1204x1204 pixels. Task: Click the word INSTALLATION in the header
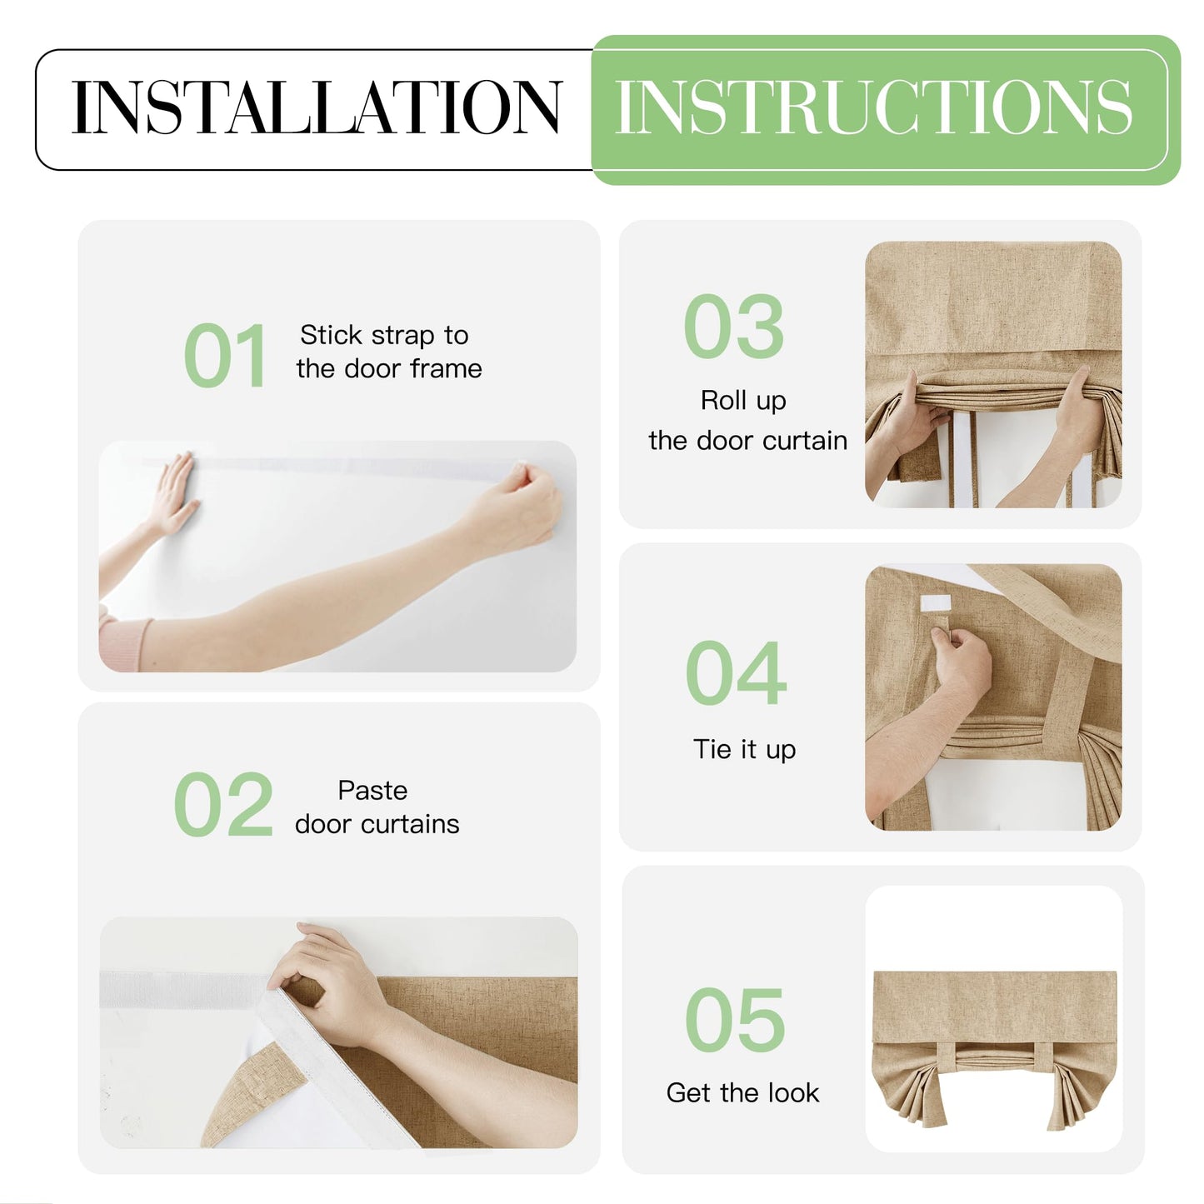point(317,107)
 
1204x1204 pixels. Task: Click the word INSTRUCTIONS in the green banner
point(873,107)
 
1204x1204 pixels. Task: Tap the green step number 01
point(226,356)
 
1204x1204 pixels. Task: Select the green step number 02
point(223,803)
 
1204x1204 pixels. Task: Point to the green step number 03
point(734,326)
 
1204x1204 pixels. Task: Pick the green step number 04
point(736,673)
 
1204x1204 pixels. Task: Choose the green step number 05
point(735,1021)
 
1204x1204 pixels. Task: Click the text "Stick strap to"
point(384,336)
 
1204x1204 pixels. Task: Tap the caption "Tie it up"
point(745,749)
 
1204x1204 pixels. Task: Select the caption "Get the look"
point(743,1093)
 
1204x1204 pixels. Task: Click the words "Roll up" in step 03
point(743,401)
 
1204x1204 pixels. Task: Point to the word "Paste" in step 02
point(373,791)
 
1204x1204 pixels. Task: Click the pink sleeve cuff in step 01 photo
point(125,642)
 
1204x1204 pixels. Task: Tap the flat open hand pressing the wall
point(173,493)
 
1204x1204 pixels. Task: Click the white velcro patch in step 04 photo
point(936,603)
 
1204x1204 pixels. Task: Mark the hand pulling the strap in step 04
point(961,663)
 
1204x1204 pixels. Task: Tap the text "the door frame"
point(389,369)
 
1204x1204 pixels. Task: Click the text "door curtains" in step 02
point(377,824)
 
